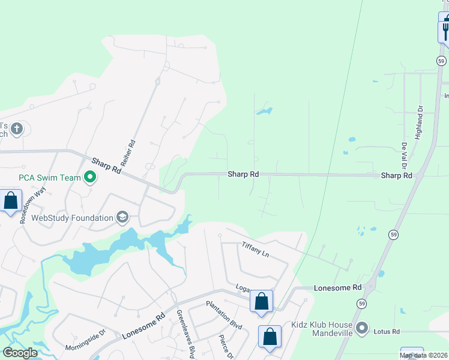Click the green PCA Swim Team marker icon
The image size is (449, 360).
pos(90,177)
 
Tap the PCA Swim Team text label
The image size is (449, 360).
pos(50,178)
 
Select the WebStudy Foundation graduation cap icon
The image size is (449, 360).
pos(123,217)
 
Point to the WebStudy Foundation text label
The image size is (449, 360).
pos(72,218)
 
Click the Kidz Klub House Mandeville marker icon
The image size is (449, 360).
pos(362,328)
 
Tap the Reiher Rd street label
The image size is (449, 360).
pos(128,154)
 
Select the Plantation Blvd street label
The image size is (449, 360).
pos(223,316)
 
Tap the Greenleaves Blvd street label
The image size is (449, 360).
pos(185,334)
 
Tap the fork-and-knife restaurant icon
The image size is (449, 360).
pos(445,29)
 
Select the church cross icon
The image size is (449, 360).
pos(17,128)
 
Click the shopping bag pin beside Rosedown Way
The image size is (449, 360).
pos(11,201)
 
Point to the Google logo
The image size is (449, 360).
pos(20,353)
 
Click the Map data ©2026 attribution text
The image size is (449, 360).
pos(423,355)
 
